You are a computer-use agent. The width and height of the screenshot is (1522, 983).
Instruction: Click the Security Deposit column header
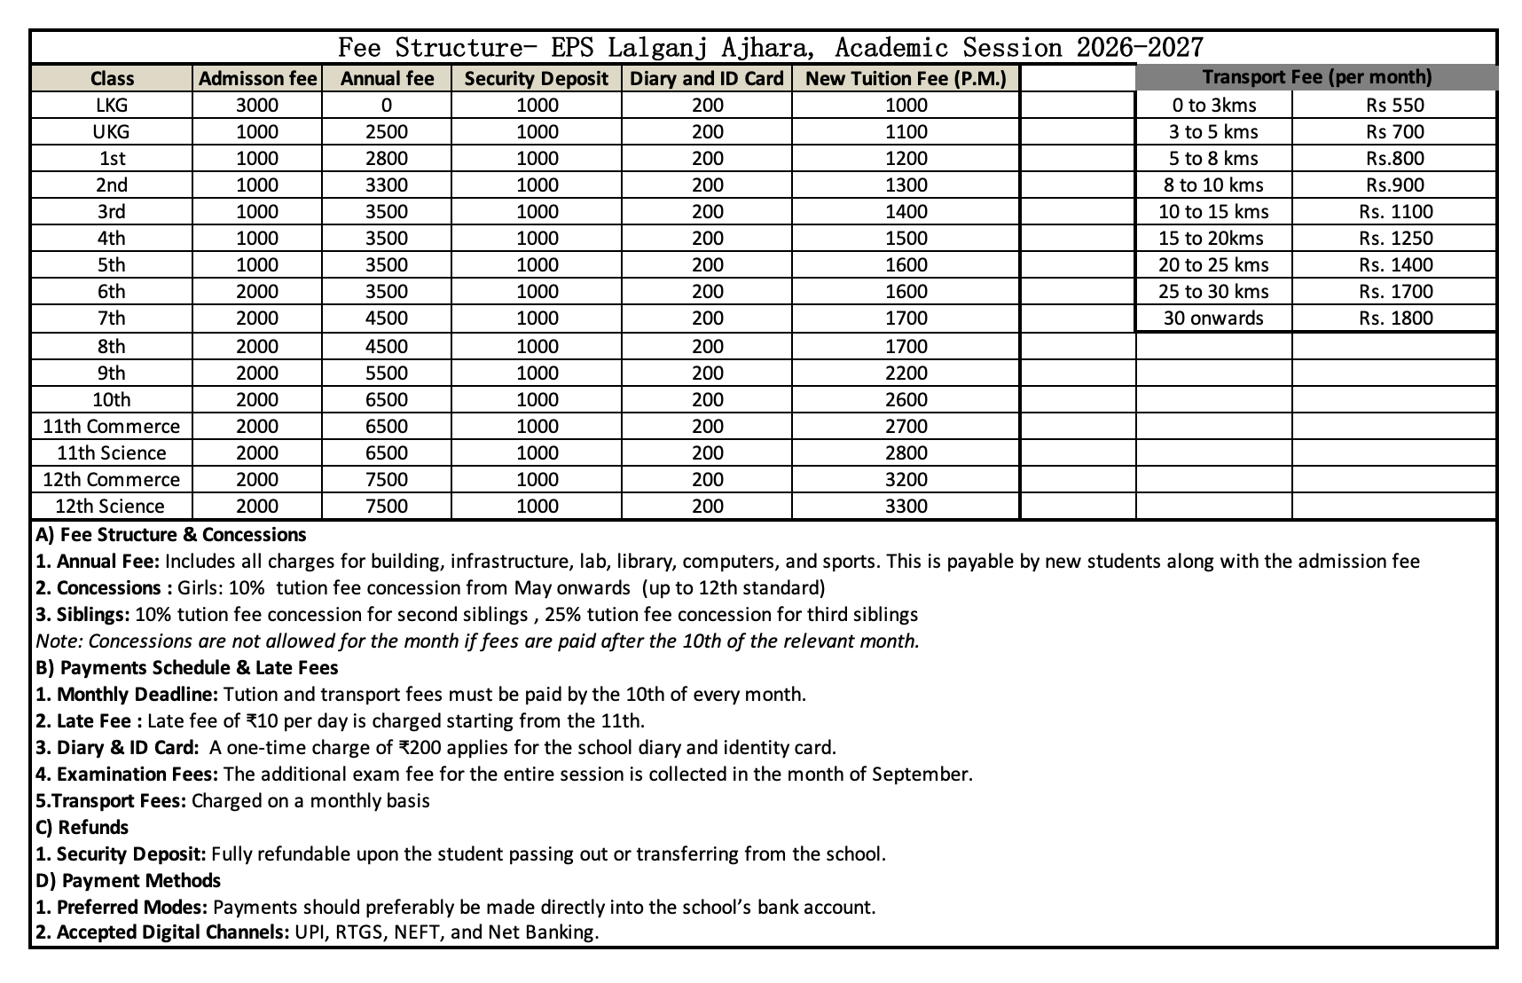click(537, 78)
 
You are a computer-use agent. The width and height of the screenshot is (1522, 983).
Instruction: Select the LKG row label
click(112, 105)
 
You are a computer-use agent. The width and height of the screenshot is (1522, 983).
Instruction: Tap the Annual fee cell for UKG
click(387, 131)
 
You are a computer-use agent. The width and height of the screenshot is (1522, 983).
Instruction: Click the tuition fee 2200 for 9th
click(906, 373)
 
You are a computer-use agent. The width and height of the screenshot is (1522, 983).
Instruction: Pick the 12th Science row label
click(110, 506)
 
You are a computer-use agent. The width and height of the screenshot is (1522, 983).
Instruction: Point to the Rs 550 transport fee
click(1394, 105)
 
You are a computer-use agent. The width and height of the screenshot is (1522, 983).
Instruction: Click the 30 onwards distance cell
click(1212, 318)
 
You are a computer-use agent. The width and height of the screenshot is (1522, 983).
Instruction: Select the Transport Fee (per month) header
click(1316, 77)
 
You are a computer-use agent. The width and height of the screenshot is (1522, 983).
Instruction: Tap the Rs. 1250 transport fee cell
click(1394, 238)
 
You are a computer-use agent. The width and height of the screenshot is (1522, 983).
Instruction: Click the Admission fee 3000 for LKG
click(257, 105)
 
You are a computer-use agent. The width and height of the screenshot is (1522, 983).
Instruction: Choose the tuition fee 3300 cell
click(906, 506)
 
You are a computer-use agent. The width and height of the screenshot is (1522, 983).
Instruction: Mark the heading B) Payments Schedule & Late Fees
click(187, 667)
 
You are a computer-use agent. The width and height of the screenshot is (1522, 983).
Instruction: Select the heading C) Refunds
click(82, 827)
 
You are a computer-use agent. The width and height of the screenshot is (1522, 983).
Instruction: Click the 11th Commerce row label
click(112, 426)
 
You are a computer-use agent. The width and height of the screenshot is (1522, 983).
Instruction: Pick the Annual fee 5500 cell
click(387, 373)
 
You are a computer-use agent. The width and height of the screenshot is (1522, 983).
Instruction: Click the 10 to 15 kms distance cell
click(1212, 211)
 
